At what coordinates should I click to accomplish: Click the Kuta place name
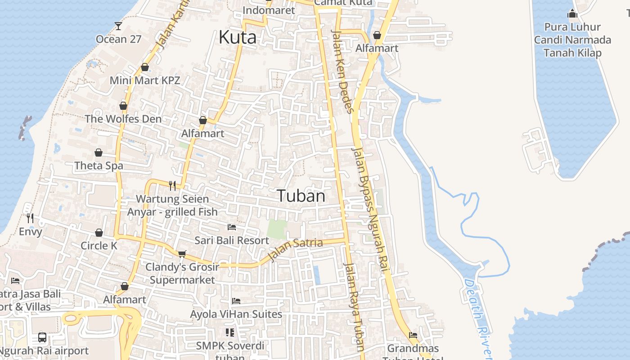237,37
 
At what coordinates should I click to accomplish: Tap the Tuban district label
301,196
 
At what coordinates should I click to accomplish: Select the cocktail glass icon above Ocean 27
118,26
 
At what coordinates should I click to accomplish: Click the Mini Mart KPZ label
145,81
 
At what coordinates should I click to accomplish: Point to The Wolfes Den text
123,119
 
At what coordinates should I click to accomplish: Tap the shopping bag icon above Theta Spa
99,153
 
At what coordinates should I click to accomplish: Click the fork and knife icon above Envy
30,218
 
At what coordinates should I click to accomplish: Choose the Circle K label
99,246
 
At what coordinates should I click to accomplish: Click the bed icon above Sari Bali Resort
232,227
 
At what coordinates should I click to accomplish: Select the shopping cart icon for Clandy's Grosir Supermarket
182,254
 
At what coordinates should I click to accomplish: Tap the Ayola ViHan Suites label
236,314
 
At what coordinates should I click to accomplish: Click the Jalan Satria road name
295,250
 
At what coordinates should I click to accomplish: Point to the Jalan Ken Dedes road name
342,71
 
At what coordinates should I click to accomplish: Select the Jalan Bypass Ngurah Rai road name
370,209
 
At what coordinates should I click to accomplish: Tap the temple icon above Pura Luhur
572,14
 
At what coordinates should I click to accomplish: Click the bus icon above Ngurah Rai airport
42,337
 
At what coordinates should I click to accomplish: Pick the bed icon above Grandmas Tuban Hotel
413,335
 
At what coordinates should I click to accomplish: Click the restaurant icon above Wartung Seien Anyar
172,185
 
